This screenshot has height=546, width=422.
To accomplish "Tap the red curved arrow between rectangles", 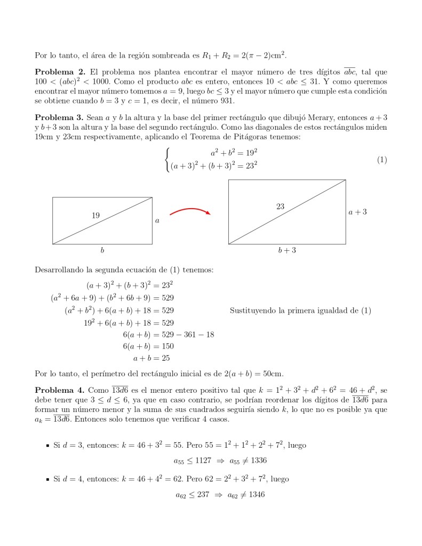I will pyautogui.click(x=190, y=211).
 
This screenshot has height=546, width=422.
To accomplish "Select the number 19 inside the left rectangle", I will pyautogui.click(x=95, y=216).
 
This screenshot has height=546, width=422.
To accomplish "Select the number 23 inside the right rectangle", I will pyautogui.click(x=280, y=207).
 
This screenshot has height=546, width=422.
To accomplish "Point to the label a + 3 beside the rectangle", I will pyautogui.click(x=357, y=212).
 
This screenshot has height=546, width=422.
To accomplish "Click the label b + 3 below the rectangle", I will pyautogui.click(x=287, y=250).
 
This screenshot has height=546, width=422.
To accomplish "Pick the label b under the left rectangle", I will pyautogui.click(x=102, y=250).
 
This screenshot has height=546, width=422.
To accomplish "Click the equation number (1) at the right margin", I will pyautogui.click(x=381, y=160).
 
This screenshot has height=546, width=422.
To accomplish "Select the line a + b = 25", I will pyautogui.click(x=152, y=358).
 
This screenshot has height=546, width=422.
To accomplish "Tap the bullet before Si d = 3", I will pyautogui.click(x=47, y=445).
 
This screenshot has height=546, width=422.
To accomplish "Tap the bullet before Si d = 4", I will pyautogui.click(x=47, y=479).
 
